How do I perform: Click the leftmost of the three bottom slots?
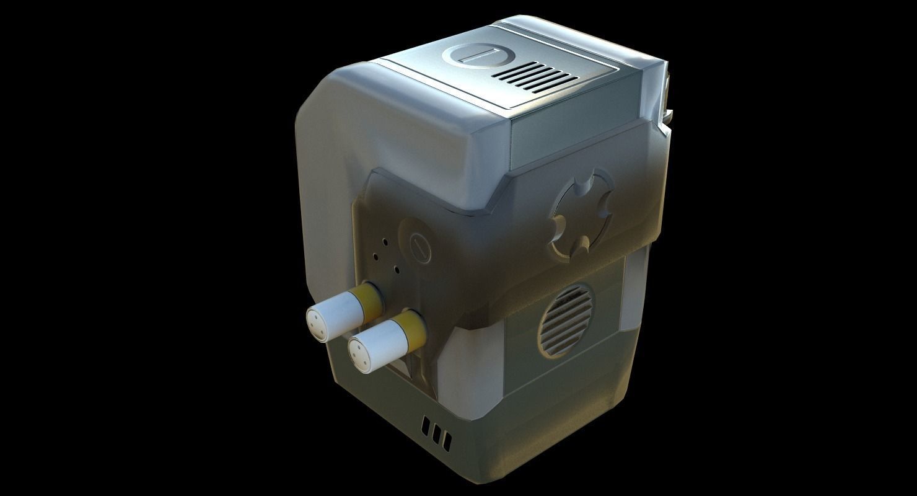tap(426, 427)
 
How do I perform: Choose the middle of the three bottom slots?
tap(436, 433)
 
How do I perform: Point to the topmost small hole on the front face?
tap(385, 241)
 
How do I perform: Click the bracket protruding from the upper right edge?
tap(668, 93)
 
